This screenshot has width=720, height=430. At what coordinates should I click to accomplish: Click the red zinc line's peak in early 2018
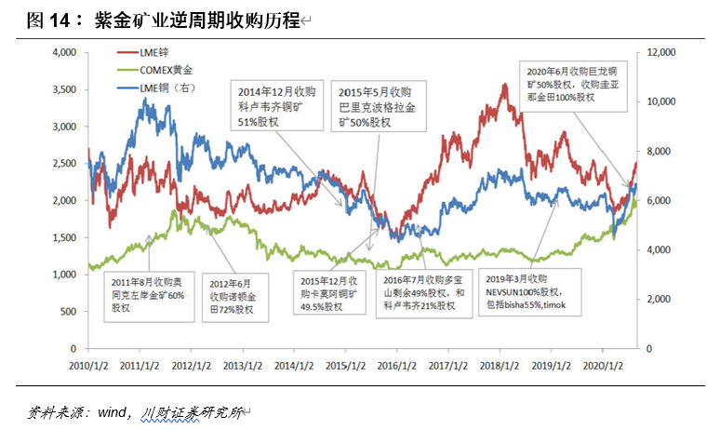(503, 85)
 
